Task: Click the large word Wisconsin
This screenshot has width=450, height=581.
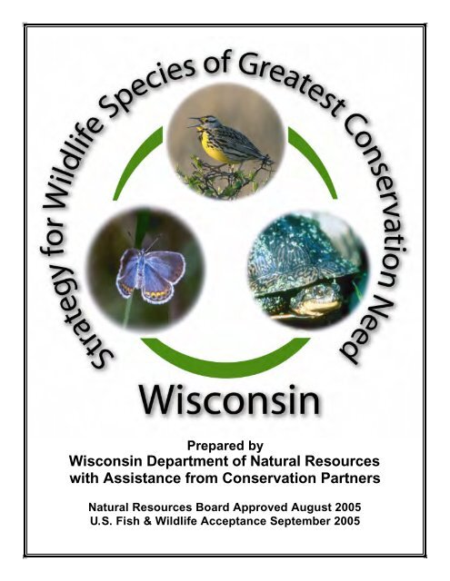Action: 229,400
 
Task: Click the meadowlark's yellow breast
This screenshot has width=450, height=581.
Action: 211,146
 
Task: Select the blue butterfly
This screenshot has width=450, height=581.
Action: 151,273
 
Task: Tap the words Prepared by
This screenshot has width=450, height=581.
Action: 225,446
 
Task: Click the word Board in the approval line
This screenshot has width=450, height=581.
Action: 212,507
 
